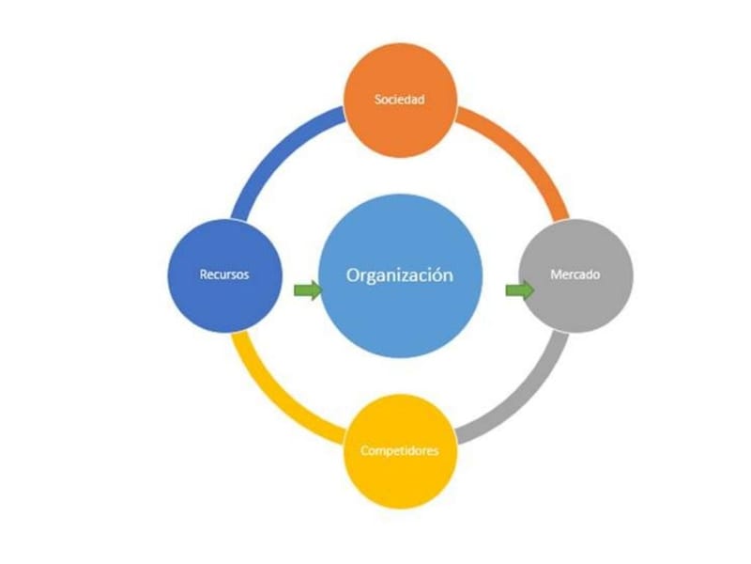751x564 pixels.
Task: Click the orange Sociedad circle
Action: [x=401, y=100]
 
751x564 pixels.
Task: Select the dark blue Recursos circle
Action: [x=224, y=275]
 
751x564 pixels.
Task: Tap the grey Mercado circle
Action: [x=575, y=275]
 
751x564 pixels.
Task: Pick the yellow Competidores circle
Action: [x=401, y=451]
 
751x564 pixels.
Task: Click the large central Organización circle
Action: [x=401, y=275]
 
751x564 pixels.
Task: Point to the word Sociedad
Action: [x=400, y=100]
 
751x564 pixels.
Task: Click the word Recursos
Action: [x=224, y=274]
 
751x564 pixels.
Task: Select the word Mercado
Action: [x=575, y=274]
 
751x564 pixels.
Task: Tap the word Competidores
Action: [x=400, y=451]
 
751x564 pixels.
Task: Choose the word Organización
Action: [x=400, y=275]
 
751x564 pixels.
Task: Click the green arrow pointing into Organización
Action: [x=308, y=290]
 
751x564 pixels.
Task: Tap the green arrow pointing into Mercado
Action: [x=520, y=290]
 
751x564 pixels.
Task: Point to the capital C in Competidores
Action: [x=364, y=451]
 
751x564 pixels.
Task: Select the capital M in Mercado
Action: [x=556, y=274]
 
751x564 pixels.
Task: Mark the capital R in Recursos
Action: [x=204, y=274]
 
